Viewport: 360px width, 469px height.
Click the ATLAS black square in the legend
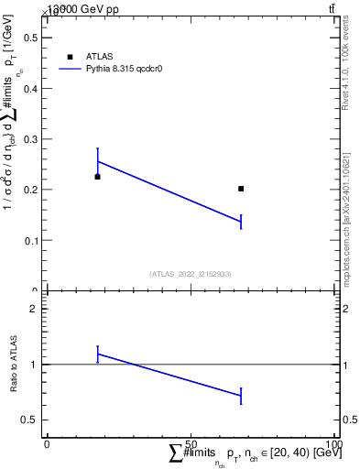click(70, 57)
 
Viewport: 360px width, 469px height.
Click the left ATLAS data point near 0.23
click(97, 176)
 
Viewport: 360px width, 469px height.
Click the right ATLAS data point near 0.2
click(241, 189)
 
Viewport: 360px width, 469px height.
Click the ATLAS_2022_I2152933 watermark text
click(191, 273)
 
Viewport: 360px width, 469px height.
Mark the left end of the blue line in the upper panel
click(97, 161)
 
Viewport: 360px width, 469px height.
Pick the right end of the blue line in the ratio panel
click(241, 396)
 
